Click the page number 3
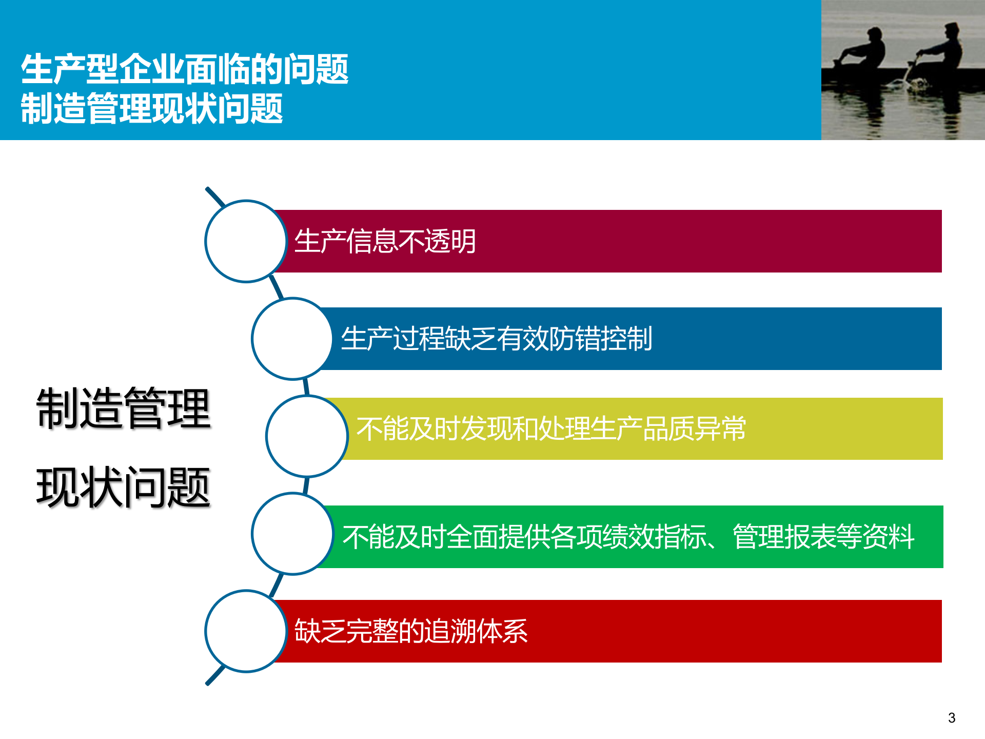(952, 718)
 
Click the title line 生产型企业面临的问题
(185, 69)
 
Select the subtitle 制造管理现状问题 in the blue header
(152, 108)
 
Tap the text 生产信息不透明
(385, 241)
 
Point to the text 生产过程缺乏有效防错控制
(497, 339)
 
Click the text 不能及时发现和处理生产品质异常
(551, 429)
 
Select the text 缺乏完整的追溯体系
(411, 631)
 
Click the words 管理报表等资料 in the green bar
(823, 537)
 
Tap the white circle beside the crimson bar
(246, 241)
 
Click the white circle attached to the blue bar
(292, 339)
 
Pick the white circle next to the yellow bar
(307, 436)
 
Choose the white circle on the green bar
(292, 534)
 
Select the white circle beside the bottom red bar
(246, 631)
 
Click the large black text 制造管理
(124, 409)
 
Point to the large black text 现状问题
(124, 488)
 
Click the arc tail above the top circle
(215, 197)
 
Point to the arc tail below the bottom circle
(215, 675)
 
